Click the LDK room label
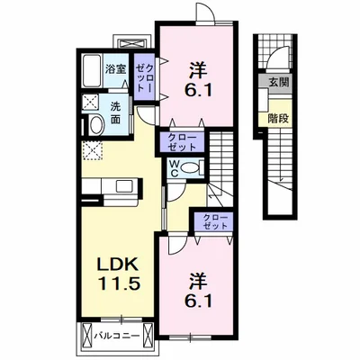(x=118, y=264)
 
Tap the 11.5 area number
(x=118, y=283)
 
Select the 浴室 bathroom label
(x=115, y=69)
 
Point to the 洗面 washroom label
(x=115, y=112)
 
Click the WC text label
(x=175, y=168)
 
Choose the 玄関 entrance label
(x=279, y=82)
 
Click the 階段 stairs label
(x=278, y=119)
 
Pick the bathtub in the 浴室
(x=93, y=71)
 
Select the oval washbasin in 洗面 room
(x=96, y=126)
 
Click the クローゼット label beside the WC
(x=182, y=143)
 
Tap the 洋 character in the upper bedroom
(x=198, y=70)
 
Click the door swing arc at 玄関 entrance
(x=275, y=55)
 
